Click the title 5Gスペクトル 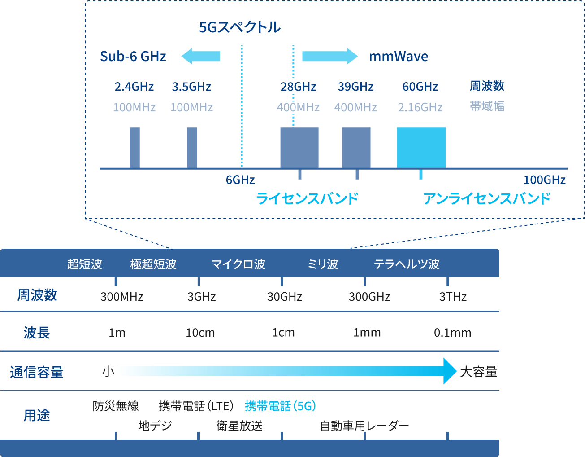point(239,27)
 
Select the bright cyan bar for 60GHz point(421,148)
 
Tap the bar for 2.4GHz point(134,148)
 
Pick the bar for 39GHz point(356,148)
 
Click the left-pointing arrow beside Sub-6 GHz point(200,57)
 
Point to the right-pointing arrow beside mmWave point(329,57)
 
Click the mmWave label point(399,57)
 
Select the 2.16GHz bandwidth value point(420,108)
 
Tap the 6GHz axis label point(240,180)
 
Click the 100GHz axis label point(544,180)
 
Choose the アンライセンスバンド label point(486,198)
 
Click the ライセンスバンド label point(307,198)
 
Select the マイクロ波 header point(238,264)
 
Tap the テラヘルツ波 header point(406,264)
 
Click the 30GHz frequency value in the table point(284,297)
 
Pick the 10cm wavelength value point(200,333)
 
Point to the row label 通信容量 point(37,372)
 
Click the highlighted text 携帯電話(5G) point(280,406)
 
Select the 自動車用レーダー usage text point(364,426)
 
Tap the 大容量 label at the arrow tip point(478,372)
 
